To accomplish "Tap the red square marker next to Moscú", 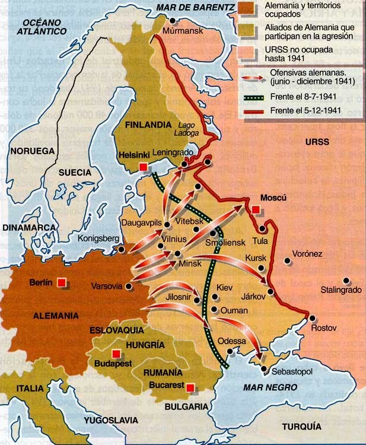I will tap(255, 209).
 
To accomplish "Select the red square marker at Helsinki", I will tap(143, 167).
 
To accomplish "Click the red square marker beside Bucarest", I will tap(190, 387).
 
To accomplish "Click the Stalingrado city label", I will tap(340, 290).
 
